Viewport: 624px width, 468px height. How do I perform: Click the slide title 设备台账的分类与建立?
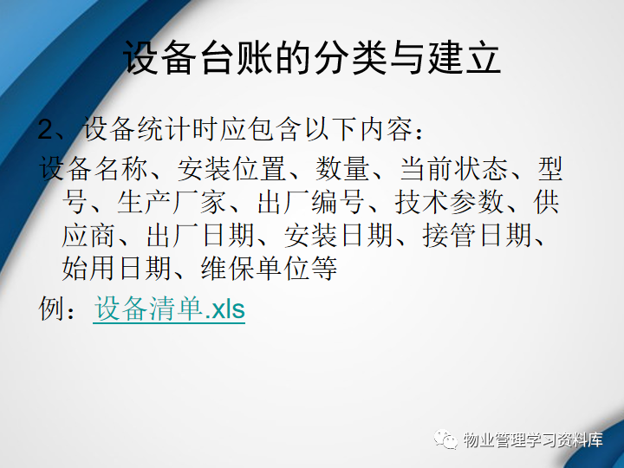[x=312, y=57]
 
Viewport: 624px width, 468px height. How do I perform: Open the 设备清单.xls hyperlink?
[x=169, y=309]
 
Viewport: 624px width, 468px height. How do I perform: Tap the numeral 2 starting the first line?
[x=45, y=129]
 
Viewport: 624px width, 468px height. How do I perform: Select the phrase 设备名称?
[x=93, y=169]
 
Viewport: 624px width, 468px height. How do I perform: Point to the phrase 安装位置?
[x=231, y=169]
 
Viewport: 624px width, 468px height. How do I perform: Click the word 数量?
[x=342, y=169]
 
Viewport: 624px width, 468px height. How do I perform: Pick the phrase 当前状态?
[x=453, y=169]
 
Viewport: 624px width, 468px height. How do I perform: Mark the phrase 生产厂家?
[x=171, y=202]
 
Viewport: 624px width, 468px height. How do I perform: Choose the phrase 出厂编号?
[x=310, y=202]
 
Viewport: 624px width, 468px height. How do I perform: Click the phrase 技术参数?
[x=449, y=202]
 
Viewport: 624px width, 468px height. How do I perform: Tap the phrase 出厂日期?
[x=200, y=236]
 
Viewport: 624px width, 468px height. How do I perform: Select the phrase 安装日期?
[x=339, y=236]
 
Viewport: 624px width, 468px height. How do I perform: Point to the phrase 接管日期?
[x=478, y=236]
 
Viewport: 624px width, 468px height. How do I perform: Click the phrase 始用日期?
[x=116, y=268]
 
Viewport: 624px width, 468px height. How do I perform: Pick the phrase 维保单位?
[x=255, y=268]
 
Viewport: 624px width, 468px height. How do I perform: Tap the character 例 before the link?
[x=52, y=309]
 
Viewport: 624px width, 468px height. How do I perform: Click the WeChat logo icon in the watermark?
[x=446, y=439]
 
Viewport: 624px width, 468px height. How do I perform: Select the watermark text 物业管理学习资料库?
[x=533, y=439]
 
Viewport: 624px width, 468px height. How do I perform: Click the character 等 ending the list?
[x=324, y=268]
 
